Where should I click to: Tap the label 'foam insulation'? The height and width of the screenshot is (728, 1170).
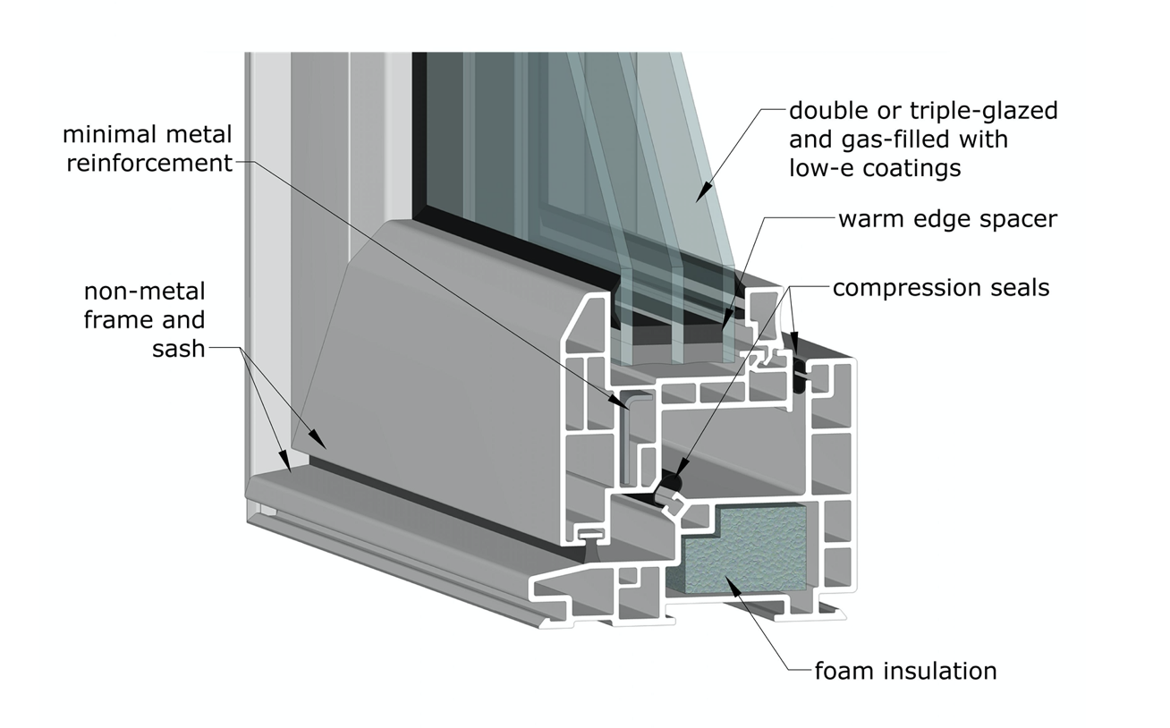point(904,671)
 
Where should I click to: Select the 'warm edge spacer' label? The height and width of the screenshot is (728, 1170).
point(946,219)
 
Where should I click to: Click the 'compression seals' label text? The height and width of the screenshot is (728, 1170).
point(940,288)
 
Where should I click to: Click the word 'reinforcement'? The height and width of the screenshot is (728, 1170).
point(148,163)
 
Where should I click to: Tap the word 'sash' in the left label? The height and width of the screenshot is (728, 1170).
point(178,348)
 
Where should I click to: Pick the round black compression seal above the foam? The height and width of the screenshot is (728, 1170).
point(669,484)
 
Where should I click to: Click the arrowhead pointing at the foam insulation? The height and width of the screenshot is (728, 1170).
point(731,584)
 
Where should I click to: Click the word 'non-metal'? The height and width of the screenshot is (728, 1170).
point(145,292)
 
